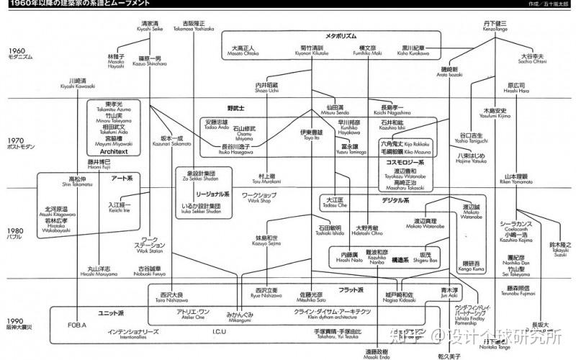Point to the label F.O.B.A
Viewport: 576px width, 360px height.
click(76, 325)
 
